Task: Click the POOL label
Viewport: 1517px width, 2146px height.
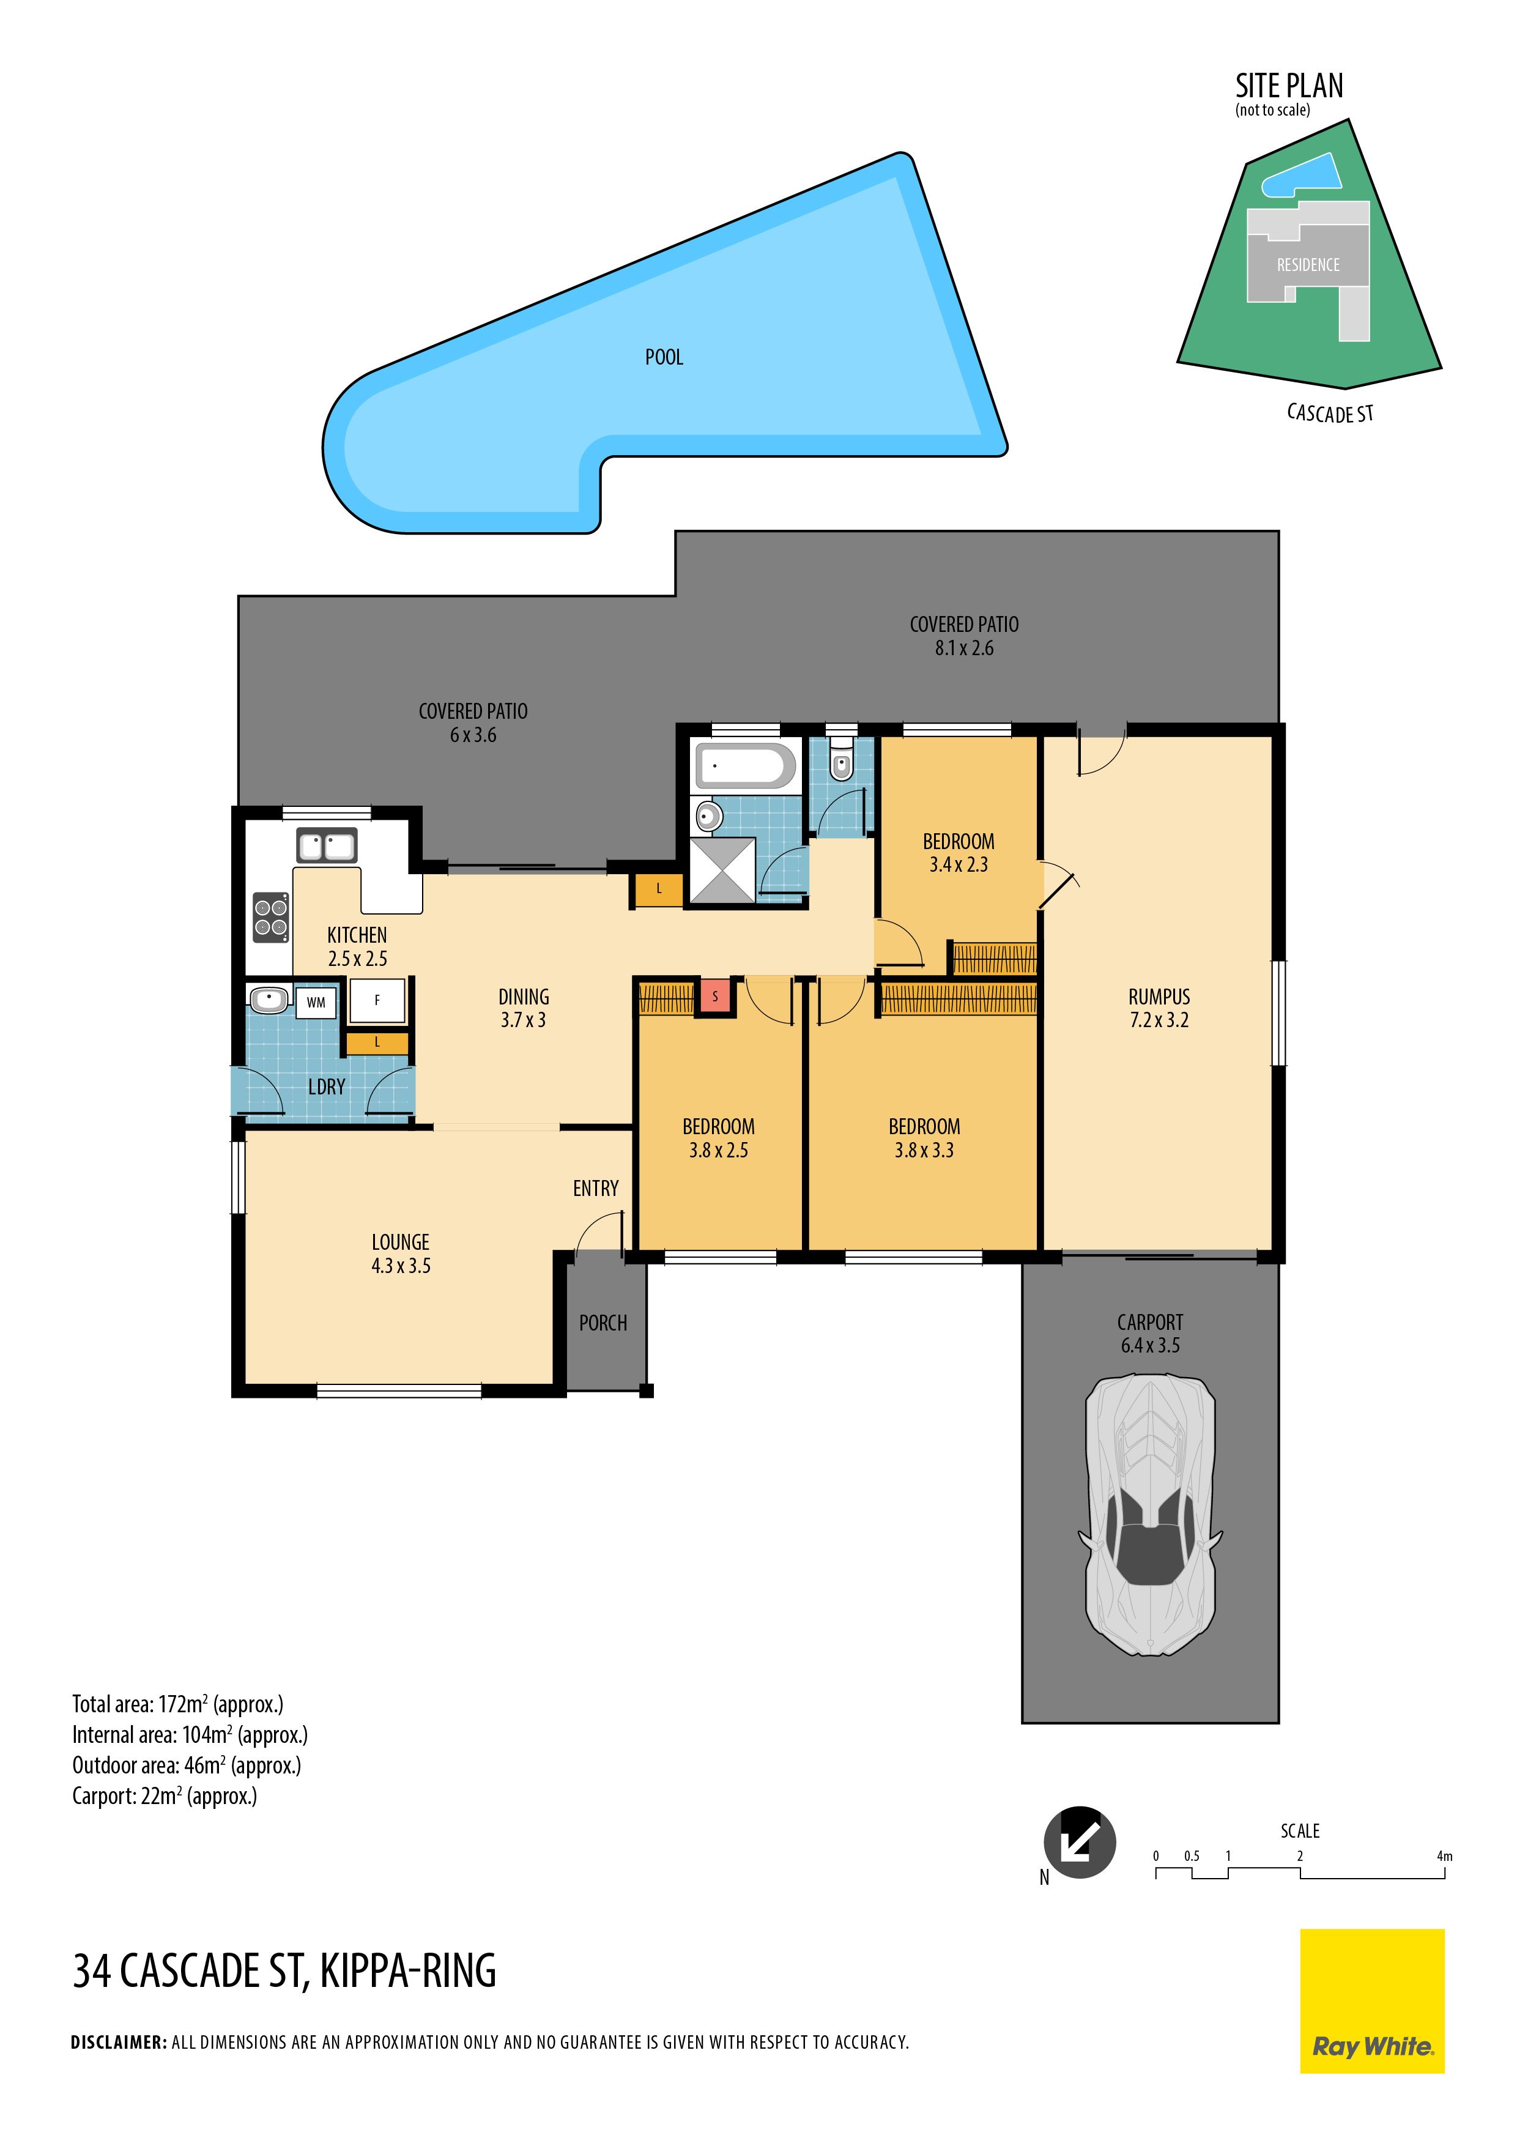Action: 664,357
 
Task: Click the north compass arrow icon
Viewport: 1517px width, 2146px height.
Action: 1080,1842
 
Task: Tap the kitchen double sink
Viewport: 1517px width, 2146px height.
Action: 326,846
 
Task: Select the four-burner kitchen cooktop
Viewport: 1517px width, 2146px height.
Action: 271,917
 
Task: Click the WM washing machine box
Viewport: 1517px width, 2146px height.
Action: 316,1003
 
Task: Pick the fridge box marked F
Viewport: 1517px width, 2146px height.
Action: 377,1001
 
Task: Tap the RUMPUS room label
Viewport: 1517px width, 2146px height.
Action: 1159,997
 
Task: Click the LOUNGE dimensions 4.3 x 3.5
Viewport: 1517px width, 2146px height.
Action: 401,1266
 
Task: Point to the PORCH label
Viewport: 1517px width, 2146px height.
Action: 603,1323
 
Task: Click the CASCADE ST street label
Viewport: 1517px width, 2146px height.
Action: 1330,413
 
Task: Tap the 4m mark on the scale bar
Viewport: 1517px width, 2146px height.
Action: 1444,1856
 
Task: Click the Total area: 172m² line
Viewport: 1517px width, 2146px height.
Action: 177,1704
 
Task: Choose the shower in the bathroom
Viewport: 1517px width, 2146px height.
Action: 722,870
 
